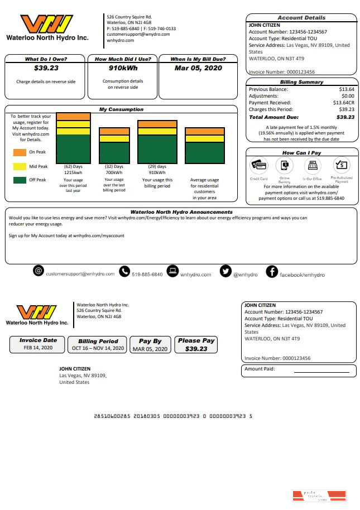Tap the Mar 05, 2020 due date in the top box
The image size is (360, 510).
pyautogui.click(x=198, y=69)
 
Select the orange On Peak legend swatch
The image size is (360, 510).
pyautogui.click(x=20, y=152)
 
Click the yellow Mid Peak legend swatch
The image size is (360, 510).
pyautogui.click(x=20, y=166)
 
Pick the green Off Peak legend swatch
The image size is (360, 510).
pyautogui.click(x=20, y=180)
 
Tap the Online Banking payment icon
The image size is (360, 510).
pyautogui.click(x=284, y=166)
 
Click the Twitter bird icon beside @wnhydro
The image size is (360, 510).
pyautogui.click(x=225, y=272)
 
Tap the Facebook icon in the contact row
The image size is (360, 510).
pyautogui.click(x=271, y=272)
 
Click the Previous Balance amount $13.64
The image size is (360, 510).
pyautogui.click(x=346, y=89)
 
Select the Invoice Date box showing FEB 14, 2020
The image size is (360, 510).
pyautogui.click(x=37, y=344)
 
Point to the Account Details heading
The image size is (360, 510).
pyautogui.click(x=301, y=18)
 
